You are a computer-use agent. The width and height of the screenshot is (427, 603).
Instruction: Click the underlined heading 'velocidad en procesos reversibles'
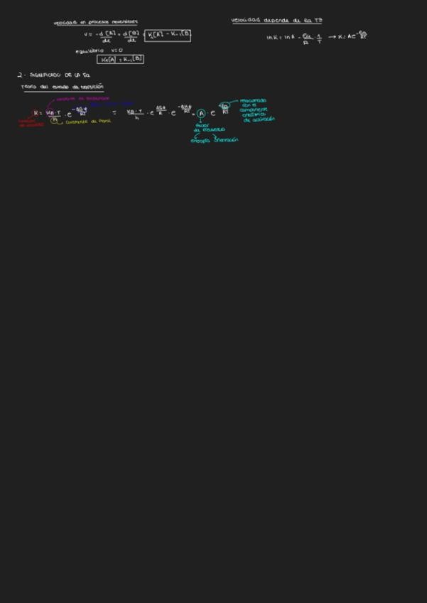[96, 23]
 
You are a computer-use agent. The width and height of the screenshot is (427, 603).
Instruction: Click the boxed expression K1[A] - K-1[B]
[168, 35]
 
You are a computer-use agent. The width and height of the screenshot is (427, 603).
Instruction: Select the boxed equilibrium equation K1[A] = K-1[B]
[121, 60]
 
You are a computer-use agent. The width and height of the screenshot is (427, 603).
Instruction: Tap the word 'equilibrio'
[90, 50]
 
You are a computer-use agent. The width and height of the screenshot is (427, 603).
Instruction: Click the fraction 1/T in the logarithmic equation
[319, 38]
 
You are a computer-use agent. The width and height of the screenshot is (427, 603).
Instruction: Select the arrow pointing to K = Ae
[332, 37]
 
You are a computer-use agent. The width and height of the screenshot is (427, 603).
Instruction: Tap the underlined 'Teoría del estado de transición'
[63, 87]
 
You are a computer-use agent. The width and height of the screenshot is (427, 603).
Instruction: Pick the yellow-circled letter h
[55, 120]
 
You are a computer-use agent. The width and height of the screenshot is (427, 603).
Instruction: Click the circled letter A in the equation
[201, 113]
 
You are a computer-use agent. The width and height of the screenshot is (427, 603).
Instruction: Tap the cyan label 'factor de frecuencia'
[209, 127]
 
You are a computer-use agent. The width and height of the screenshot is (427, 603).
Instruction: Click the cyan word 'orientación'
[225, 140]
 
